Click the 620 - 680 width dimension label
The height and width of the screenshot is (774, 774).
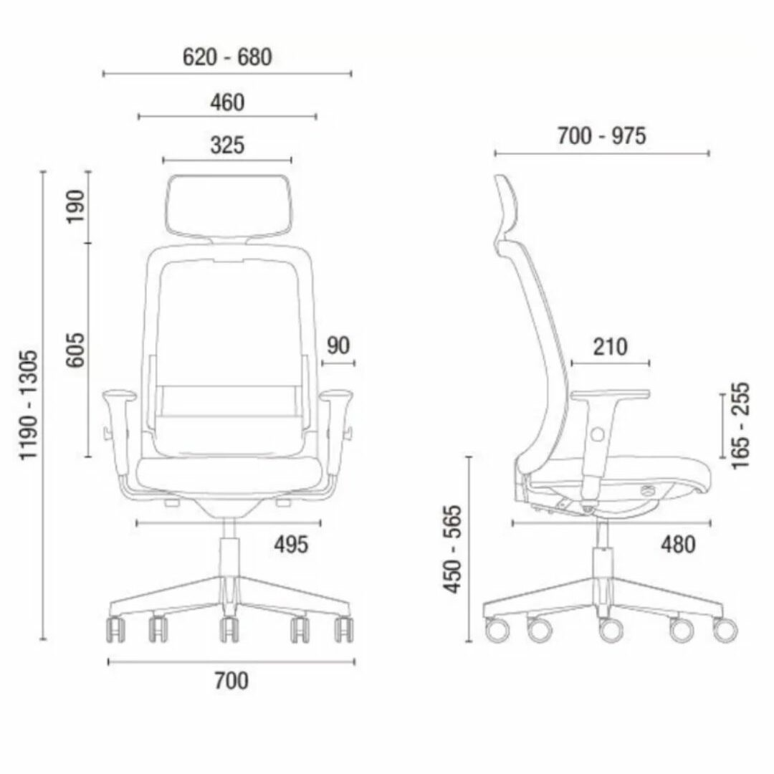[x=227, y=57]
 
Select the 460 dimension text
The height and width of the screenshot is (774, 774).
[x=227, y=102]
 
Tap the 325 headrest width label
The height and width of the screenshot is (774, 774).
[x=227, y=145]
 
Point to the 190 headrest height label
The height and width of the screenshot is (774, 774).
[x=75, y=206]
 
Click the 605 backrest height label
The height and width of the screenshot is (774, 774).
[x=75, y=350]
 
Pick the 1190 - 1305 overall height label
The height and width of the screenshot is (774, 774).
[x=28, y=405]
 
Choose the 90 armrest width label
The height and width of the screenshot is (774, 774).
[x=338, y=345]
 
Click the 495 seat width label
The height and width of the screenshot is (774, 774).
[x=291, y=545]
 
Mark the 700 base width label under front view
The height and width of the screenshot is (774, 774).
[x=231, y=681]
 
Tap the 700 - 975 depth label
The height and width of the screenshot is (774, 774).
[x=601, y=135]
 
